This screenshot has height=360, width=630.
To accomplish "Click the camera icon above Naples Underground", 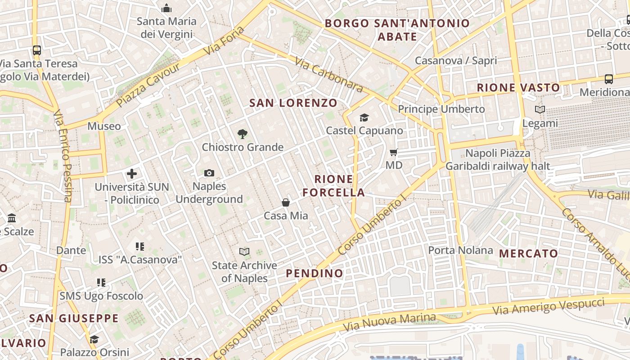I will [x=209, y=173].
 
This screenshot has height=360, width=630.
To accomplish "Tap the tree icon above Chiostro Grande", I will [x=243, y=134].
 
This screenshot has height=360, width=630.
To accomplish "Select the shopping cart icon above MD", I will [x=394, y=153].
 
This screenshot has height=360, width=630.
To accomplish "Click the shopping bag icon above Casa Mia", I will [x=285, y=202].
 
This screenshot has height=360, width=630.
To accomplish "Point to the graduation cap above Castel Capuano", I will [x=364, y=118].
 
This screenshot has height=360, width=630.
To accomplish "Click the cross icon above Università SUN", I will [x=132, y=174].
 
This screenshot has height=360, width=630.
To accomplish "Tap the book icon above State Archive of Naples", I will [x=244, y=252].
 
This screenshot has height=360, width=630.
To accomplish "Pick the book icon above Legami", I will [x=540, y=109].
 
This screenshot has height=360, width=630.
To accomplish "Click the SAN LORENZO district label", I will [x=293, y=103].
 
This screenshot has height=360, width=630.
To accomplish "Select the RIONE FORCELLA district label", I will [x=333, y=186].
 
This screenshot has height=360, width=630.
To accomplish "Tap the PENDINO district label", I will [x=315, y=273].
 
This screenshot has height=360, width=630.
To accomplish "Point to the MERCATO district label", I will [x=529, y=253].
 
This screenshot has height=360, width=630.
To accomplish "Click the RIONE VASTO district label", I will [x=518, y=88].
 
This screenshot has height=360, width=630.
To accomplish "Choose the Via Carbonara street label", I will [x=329, y=74].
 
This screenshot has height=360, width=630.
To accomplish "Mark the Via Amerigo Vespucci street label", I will [x=548, y=306].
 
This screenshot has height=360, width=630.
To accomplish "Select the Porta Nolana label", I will [x=460, y=250].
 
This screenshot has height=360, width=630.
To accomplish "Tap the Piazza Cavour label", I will [x=148, y=85].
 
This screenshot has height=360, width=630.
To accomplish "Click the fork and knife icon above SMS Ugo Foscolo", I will [x=101, y=283].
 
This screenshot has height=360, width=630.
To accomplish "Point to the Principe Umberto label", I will [x=441, y=109].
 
